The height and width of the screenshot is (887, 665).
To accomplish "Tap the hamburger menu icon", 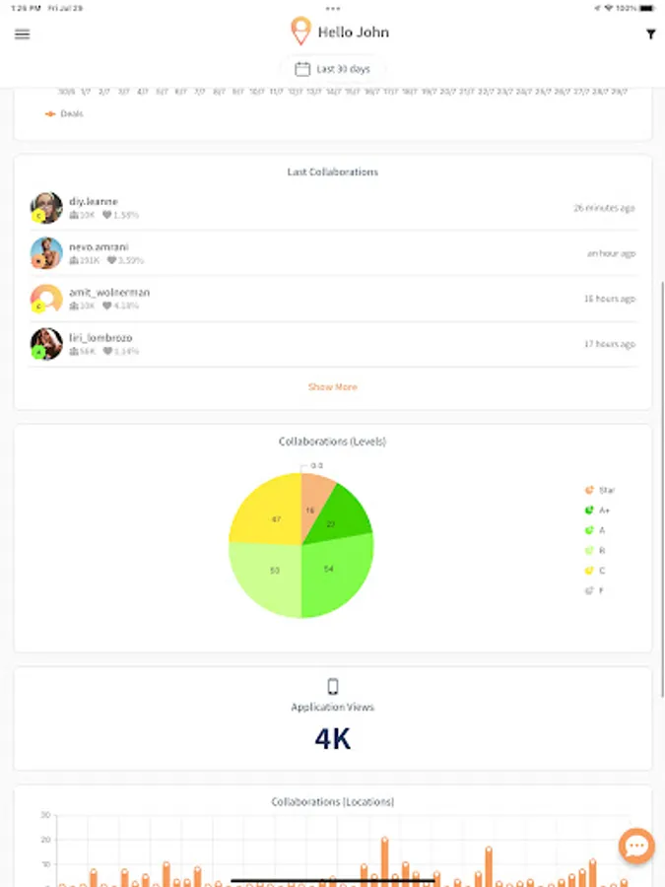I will pos(22,34).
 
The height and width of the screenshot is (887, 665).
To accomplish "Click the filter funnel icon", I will pos(650,34).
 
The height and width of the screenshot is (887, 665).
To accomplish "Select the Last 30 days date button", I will pos(333,69).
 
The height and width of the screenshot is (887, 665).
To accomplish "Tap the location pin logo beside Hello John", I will pos(300,32).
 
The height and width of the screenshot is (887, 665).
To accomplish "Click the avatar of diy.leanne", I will pos(46,207).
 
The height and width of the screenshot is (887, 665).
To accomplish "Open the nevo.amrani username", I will pos(99,246).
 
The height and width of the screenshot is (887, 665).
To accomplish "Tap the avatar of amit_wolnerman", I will pos(46,299).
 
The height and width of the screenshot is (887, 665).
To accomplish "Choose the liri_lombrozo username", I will pos(100,338).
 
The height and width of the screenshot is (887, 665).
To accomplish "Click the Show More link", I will pos(333,387).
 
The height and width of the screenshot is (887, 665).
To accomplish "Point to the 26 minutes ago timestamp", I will pos(604,208).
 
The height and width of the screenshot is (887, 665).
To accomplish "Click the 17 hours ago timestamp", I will pos(609,344).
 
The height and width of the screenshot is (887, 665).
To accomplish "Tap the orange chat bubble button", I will pos(636,846).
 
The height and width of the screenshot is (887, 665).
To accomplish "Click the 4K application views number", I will pos(333,739).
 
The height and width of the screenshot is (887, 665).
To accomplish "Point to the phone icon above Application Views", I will pos(333,687).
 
